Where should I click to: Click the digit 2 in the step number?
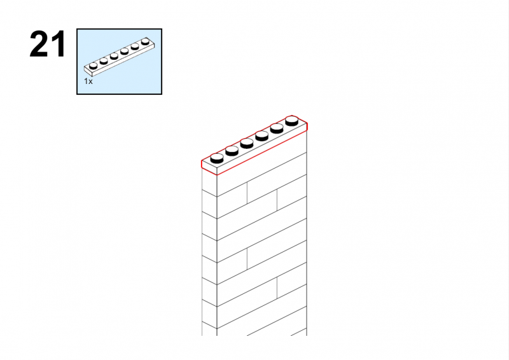click(x=39, y=44)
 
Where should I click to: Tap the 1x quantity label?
click(x=88, y=81)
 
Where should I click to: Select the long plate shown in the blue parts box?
click(x=120, y=57)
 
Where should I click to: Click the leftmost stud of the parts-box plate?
click(x=93, y=66)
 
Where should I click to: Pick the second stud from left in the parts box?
click(x=104, y=60)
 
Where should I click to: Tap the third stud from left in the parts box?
click(x=114, y=56)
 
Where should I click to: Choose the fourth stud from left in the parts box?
click(x=124, y=51)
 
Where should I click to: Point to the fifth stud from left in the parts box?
click(x=135, y=46)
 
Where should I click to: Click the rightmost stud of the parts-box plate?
click(x=145, y=41)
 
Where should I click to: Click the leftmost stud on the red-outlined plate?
click(x=217, y=158)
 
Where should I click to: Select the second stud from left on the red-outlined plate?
click(x=232, y=151)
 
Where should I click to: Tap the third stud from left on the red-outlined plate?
click(x=247, y=143)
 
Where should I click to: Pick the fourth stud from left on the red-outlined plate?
click(x=261, y=135)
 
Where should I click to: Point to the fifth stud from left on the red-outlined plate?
click(x=277, y=128)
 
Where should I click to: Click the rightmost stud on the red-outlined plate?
click(x=292, y=121)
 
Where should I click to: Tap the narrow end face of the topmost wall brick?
click(x=209, y=183)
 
